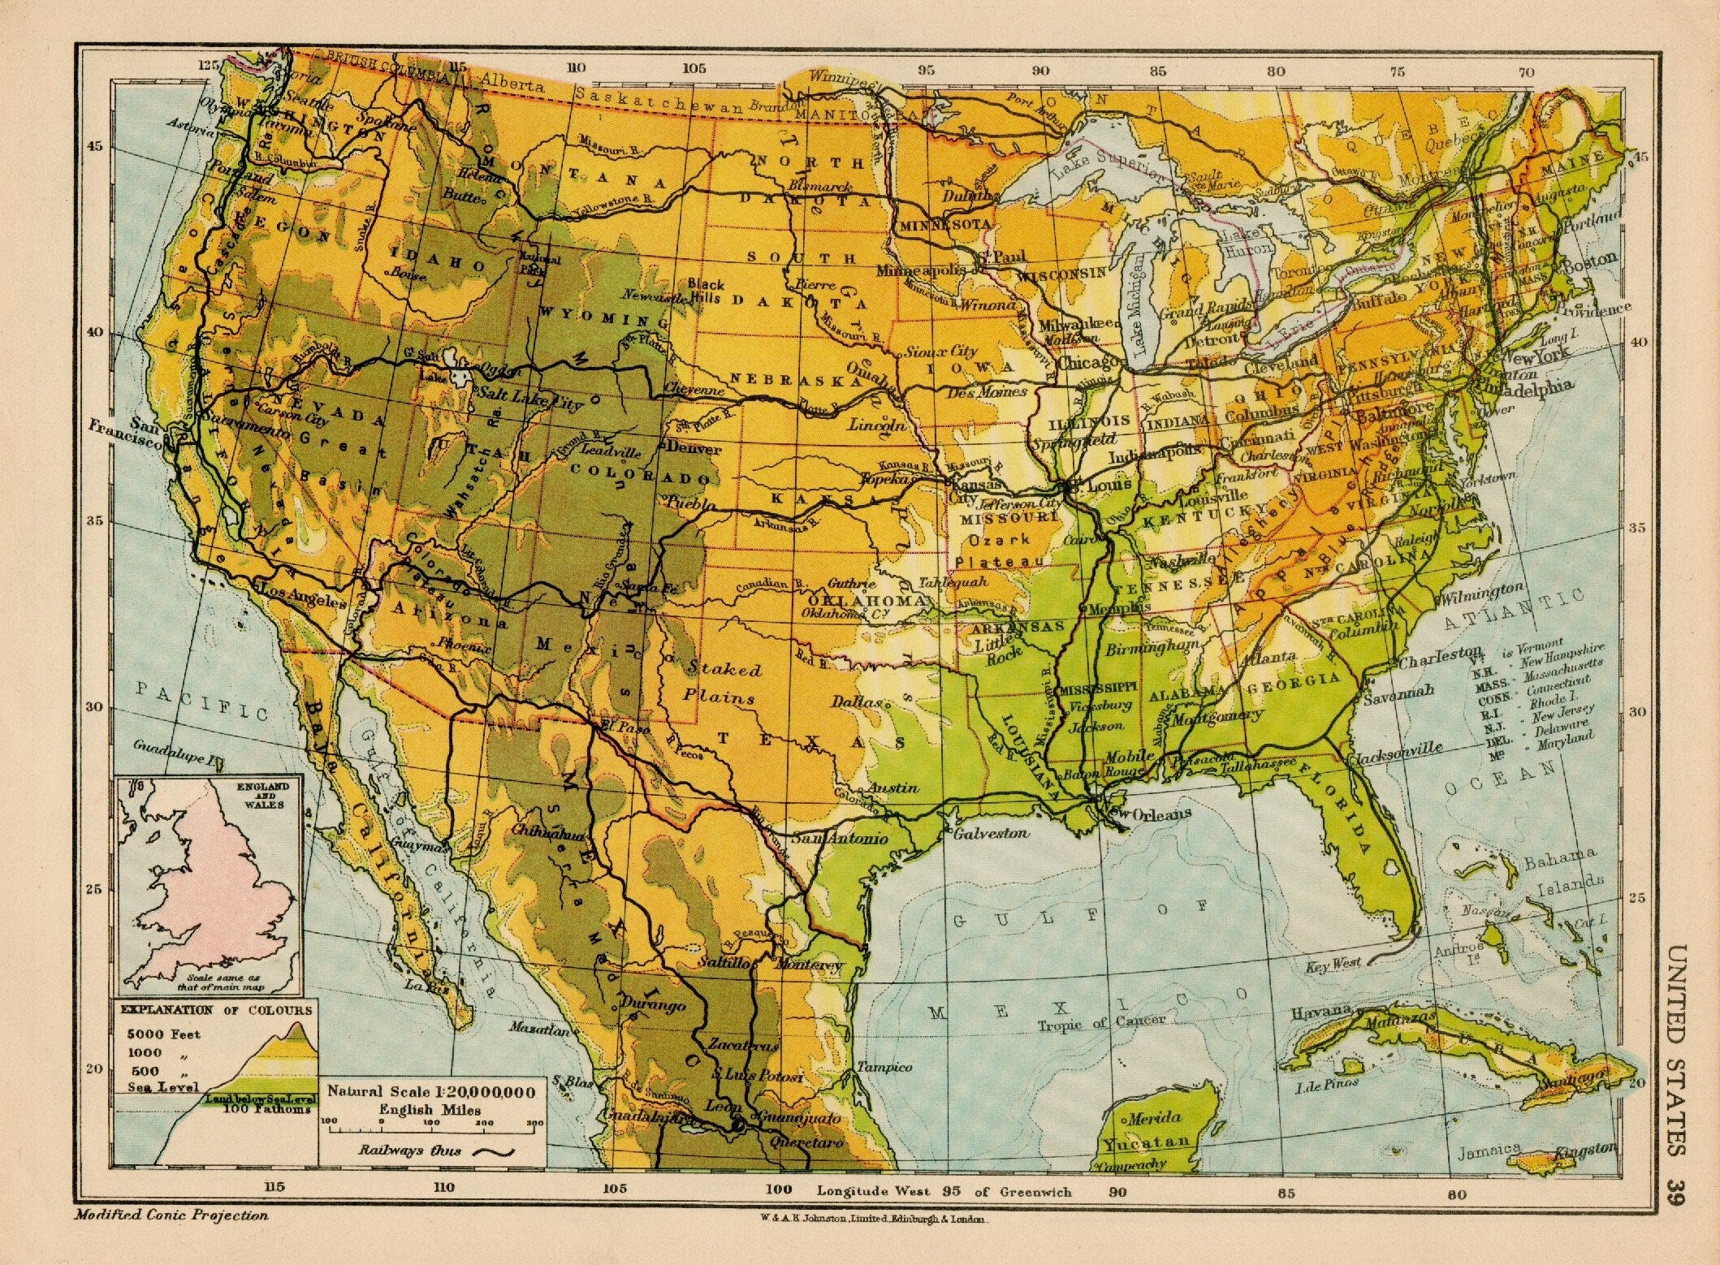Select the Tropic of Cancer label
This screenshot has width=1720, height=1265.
click(x=1101, y=1022)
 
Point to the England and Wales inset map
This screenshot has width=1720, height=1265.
click(x=210, y=885)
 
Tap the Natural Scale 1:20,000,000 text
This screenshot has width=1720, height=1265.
click(x=430, y=1092)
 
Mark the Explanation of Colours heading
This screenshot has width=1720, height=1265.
click(x=216, y=1010)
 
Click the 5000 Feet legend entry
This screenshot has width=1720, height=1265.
click(x=162, y=1034)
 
